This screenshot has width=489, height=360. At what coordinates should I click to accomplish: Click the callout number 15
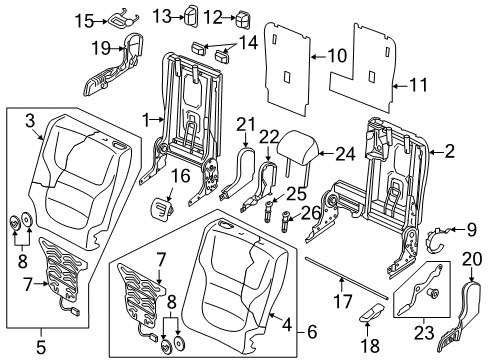click(x=84, y=22)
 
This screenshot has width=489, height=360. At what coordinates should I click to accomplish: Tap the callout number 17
click(x=342, y=301)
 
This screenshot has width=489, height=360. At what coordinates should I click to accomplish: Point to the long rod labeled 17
click(x=347, y=277)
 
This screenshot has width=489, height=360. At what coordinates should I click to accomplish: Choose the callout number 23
click(x=424, y=333)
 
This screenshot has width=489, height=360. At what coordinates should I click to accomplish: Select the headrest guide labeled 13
click(x=191, y=15)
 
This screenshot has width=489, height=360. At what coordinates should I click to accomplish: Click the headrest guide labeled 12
click(x=242, y=19)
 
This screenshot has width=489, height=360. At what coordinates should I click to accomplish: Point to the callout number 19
click(x=101, y=49)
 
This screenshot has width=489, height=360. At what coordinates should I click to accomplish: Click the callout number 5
click(x=40, y=348)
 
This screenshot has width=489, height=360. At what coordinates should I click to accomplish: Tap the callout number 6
click(x=312, y=332)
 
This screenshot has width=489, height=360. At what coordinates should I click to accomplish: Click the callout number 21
click(x=246, y=124)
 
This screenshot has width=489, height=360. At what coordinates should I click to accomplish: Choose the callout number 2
click(x=450, y=152)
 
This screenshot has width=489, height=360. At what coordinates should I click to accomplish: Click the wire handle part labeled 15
click(x=122, y=21)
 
